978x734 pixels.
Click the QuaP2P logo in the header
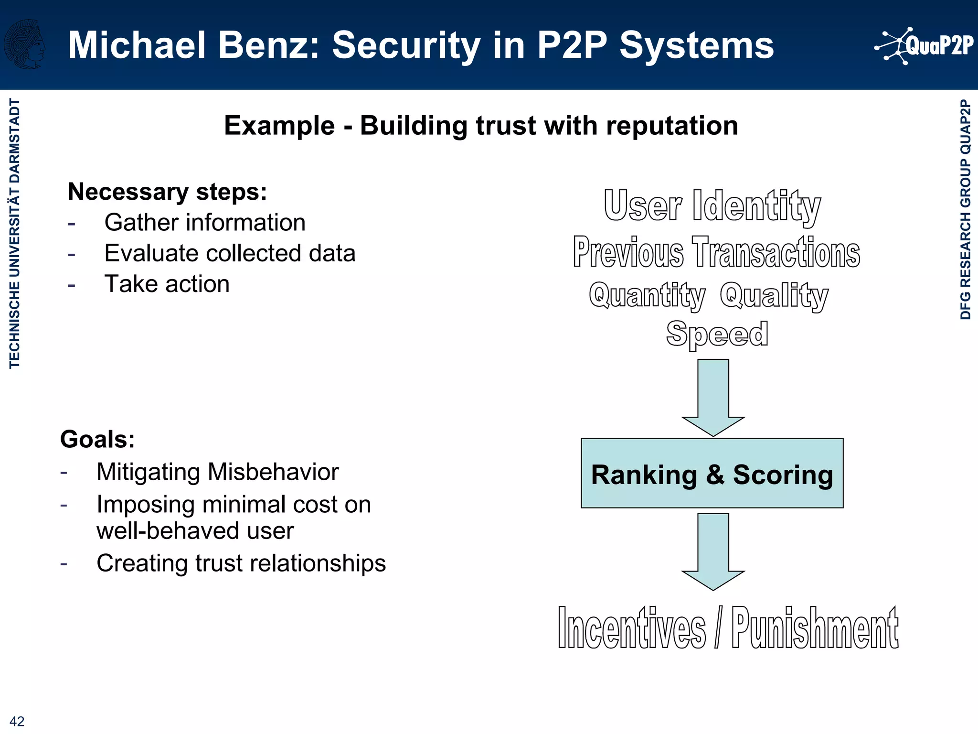point(924,46)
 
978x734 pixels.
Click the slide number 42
point(17,721)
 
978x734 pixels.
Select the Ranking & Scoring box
point(712,473)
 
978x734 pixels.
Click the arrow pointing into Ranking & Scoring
point(713,397)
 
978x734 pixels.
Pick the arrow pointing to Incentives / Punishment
point(713,550)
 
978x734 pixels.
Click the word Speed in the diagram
point(717,334)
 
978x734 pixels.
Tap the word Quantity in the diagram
point(647,295)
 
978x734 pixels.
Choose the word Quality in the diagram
point(774,295)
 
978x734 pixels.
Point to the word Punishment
point(815,627)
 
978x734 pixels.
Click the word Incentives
point(632,627)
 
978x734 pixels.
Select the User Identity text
point(712,206)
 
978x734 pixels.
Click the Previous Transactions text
point(716,252)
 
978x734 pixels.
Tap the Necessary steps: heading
point(167,192)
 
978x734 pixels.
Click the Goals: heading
point(97,439)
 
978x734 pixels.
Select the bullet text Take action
point(167,284)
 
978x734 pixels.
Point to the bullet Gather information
point(205,223)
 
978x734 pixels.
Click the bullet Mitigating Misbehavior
point(217,472)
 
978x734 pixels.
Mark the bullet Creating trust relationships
point(241,563)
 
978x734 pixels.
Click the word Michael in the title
point(137,45)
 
